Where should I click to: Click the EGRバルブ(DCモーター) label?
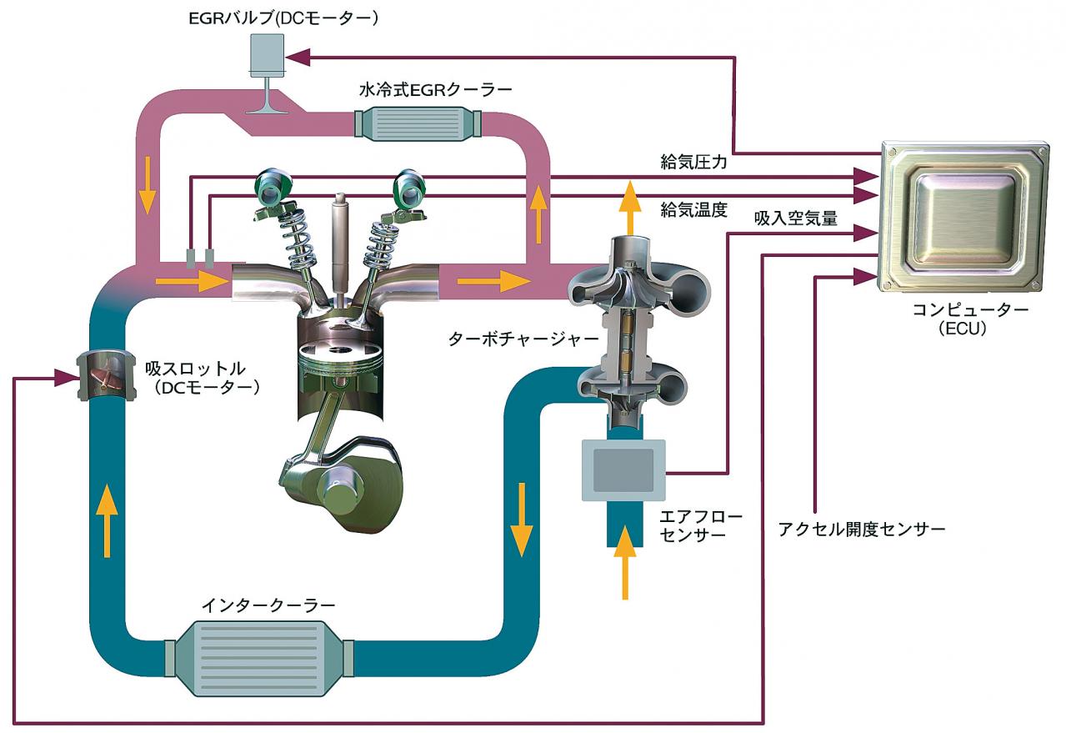(283, 19)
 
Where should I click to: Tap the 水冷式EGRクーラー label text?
(435, 89)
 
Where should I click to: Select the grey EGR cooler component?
(418, 123)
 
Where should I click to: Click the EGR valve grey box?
(268, 55)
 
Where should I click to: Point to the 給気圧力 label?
(693, 163)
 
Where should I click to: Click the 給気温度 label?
(693, 209)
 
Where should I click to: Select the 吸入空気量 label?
(796, 218)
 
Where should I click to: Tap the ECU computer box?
(965, 217)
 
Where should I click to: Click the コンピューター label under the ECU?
(970, 310)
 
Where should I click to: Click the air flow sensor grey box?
(623, 470)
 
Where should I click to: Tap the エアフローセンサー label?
(700, 526)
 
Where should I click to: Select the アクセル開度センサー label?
(861, 530)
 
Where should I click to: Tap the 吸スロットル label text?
(195, 369)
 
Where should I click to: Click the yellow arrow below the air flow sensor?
(625, 563)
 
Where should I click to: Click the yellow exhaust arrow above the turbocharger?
(631, 208)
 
